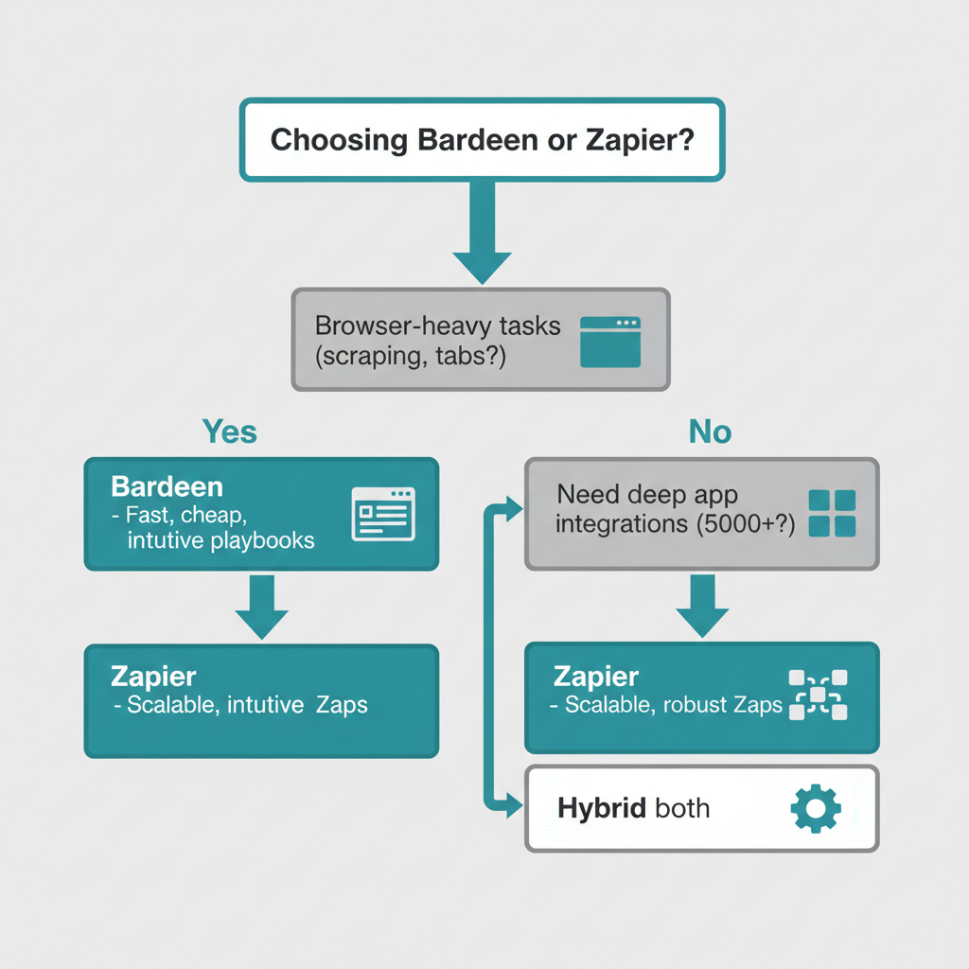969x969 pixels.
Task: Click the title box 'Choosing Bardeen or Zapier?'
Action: tap(482, 140)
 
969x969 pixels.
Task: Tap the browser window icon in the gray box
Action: tap(609, 341)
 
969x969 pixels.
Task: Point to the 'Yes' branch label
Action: tap(230, 432)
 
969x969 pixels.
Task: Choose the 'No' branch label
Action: tap(710, 432)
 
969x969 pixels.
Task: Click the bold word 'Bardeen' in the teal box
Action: tap(167, 487)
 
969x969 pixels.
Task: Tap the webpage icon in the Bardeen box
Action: tap(382, 514)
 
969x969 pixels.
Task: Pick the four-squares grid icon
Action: tap(832, 513)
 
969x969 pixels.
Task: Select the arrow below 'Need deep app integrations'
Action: tap(702, 606)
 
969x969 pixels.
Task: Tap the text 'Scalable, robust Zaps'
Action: tap(673, 705)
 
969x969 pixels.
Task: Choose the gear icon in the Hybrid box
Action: tap(814, 809)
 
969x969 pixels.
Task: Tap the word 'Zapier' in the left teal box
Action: tap(153, 678)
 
